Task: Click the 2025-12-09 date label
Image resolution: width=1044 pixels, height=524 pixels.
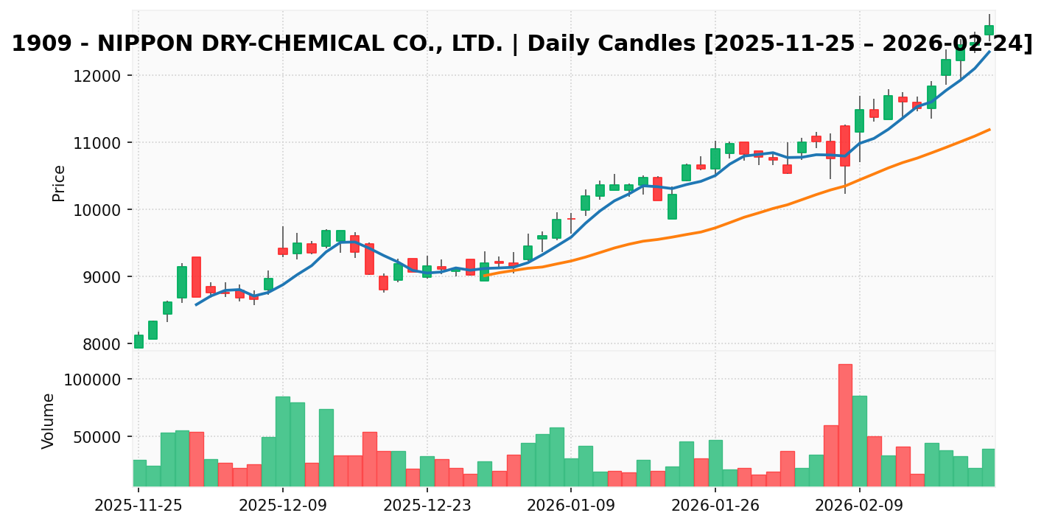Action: point(283,506)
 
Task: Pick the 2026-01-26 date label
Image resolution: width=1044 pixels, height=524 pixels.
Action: point(715,506)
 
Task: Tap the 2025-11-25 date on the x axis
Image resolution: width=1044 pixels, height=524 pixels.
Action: point(139,506)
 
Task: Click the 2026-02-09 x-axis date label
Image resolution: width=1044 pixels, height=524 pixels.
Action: point(859,506)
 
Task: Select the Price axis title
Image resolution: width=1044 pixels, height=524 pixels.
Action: point(59,183)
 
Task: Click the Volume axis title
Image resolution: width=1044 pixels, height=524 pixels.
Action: point(49,420)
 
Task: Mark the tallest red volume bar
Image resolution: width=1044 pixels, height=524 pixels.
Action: point(845,425)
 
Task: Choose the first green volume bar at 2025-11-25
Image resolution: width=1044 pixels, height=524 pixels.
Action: point(139,473)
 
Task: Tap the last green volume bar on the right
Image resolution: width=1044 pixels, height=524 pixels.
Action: point(989,467)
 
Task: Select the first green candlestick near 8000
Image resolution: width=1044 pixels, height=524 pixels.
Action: point(139,341)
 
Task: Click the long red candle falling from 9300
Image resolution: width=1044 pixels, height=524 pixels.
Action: point(196,277)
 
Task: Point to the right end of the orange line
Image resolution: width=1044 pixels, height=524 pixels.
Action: point(989,130)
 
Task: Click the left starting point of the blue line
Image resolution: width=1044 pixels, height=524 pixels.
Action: point(196,304)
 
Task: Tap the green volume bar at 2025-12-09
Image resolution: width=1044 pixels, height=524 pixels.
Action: point(283,441)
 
